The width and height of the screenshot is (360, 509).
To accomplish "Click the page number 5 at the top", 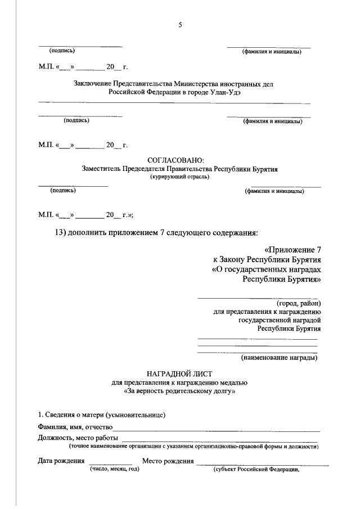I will (180, 24).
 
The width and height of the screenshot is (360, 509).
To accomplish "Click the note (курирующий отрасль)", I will (179, 177).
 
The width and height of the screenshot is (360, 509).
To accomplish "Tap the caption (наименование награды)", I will (279, 357).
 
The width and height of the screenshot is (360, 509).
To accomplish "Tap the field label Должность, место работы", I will (78, 438).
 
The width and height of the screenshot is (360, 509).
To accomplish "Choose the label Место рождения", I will (168, 461).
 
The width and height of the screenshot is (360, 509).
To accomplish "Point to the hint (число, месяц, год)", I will (111, 469).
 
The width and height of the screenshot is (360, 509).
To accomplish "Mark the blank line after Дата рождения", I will (106, 462).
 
